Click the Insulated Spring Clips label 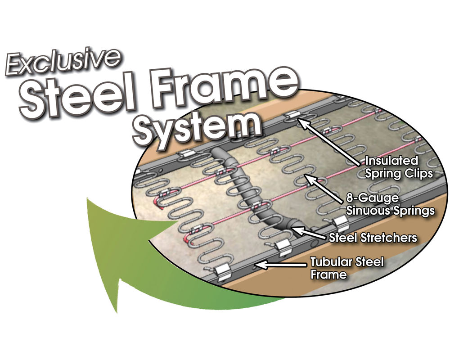pyautogui.click(x=398, y=167)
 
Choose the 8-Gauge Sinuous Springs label pyautogui.click(x=390, y=204)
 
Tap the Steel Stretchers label pyautogui.click(x=373, y=238)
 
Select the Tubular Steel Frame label pyautogui.click(x=346, y=268)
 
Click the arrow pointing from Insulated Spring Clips pyautogui.click(x=329, y=142)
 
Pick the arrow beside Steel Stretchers pyautogui.click(x=310, y=233)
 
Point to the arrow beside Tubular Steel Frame pyautogui.click(x=280, y=265)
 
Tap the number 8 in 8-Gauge pyautogui.click(x=350, y=198)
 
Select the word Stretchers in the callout pyautogui.click(x=389, y=238)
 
